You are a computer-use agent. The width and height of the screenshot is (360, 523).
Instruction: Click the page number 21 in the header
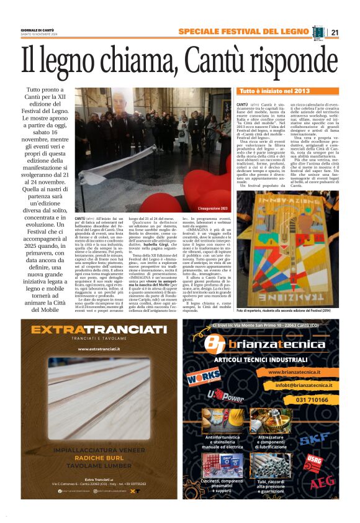coord(335,32)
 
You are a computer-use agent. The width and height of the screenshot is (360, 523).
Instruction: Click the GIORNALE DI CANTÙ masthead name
coord(38,30)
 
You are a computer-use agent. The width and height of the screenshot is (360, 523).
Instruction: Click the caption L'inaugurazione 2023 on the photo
coord(212,208)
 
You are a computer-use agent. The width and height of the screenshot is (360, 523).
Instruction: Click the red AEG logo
coord(323,481)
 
